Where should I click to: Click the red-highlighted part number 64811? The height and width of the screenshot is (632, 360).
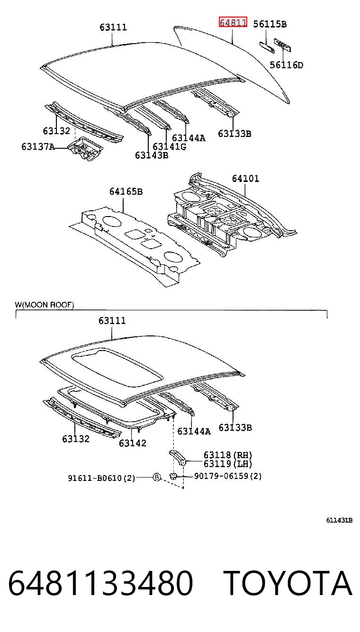point(233,22)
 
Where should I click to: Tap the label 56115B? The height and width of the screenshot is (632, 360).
point(270,24)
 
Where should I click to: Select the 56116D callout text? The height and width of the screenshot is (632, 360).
point(287,65)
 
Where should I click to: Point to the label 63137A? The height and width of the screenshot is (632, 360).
point(38,147)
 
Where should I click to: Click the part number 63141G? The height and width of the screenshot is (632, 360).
point(169,147)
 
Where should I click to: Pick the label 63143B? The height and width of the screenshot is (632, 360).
point(152,155)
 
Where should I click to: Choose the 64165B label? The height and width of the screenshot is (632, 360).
point(126,191)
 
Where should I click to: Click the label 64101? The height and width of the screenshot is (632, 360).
point(245,178)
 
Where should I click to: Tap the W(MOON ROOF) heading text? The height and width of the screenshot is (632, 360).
point(45,305)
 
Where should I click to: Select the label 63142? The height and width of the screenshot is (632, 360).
point(132,443)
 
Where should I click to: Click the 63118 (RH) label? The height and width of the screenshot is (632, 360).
point(228,455)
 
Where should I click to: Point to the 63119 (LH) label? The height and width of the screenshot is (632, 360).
point(228,463)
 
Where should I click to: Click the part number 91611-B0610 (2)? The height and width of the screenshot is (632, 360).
point(101,478)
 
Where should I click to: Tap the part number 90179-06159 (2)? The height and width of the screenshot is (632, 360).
point(228,476)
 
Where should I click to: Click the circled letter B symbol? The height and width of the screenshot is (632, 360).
point(157,477)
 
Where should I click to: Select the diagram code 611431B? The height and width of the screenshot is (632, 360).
point(340,520)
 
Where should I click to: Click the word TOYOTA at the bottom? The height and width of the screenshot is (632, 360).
point(288,583)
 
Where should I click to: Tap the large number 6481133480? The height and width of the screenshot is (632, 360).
point(101,583)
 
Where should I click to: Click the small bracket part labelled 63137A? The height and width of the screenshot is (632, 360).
point(85,149)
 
